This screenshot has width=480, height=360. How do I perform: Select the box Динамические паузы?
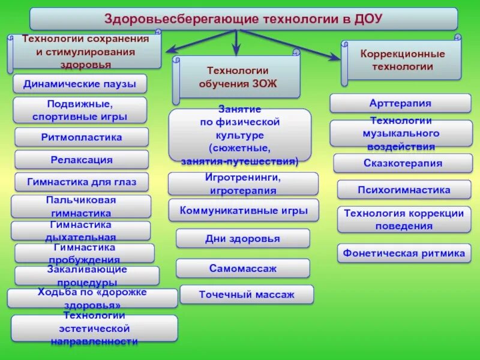coord(80,84)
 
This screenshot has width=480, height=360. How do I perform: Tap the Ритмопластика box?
coord(82,137)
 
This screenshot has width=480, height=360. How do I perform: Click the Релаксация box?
coord(82,160)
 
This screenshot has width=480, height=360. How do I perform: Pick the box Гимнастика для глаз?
coord(82,182)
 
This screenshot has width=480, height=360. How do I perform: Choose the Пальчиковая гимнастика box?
coord(81,206)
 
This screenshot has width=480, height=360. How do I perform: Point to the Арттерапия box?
coord(400,103)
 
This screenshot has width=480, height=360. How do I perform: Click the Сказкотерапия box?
coord(403,163)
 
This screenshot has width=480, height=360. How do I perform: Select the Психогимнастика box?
coord(403,190)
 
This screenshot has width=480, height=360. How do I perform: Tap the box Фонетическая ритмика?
coord(404,253)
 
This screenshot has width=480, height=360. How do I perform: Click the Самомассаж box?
coord(243,268)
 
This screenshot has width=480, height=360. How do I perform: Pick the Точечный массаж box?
coord(247,295)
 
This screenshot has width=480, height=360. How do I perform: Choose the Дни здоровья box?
coord(243,238)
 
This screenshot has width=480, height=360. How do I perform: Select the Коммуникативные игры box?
coord(243,211)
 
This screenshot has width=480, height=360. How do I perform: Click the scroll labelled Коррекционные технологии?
coord(402,60)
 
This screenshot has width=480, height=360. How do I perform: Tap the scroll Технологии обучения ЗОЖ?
coord(238,77)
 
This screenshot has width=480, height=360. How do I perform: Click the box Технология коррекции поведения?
coord(403,220)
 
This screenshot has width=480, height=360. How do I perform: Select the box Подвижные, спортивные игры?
coord(80,110)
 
